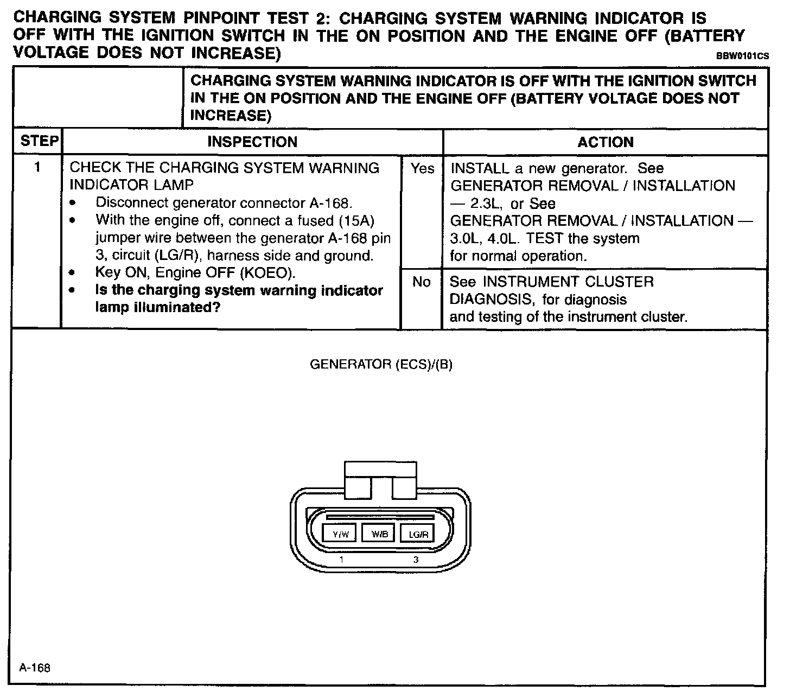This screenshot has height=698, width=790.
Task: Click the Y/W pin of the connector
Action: [x=340, y=534]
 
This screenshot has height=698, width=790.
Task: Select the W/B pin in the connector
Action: [x=379, y=534]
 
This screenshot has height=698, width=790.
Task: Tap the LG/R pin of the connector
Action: [x=418, y=534]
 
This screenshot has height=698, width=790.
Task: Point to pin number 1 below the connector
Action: [x=341, y=560]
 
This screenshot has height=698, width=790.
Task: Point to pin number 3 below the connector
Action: [x=416, y=560]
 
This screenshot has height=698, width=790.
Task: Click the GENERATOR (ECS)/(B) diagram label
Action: [x=381, y=364]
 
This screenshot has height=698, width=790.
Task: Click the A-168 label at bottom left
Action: [x=35, y=668]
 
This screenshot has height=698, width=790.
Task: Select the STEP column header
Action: [x=39, y=141]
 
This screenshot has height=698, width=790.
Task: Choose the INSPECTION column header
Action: [x=252, y=142]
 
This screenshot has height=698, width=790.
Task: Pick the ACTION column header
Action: [x=606, y=142]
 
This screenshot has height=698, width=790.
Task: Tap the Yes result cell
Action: [x=422, y=169]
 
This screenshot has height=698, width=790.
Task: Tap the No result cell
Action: [x=422, y=282]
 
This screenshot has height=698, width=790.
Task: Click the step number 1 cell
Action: [x=37, y=167]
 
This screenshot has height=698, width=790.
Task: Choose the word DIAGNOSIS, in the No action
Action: [x=492, y=299]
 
